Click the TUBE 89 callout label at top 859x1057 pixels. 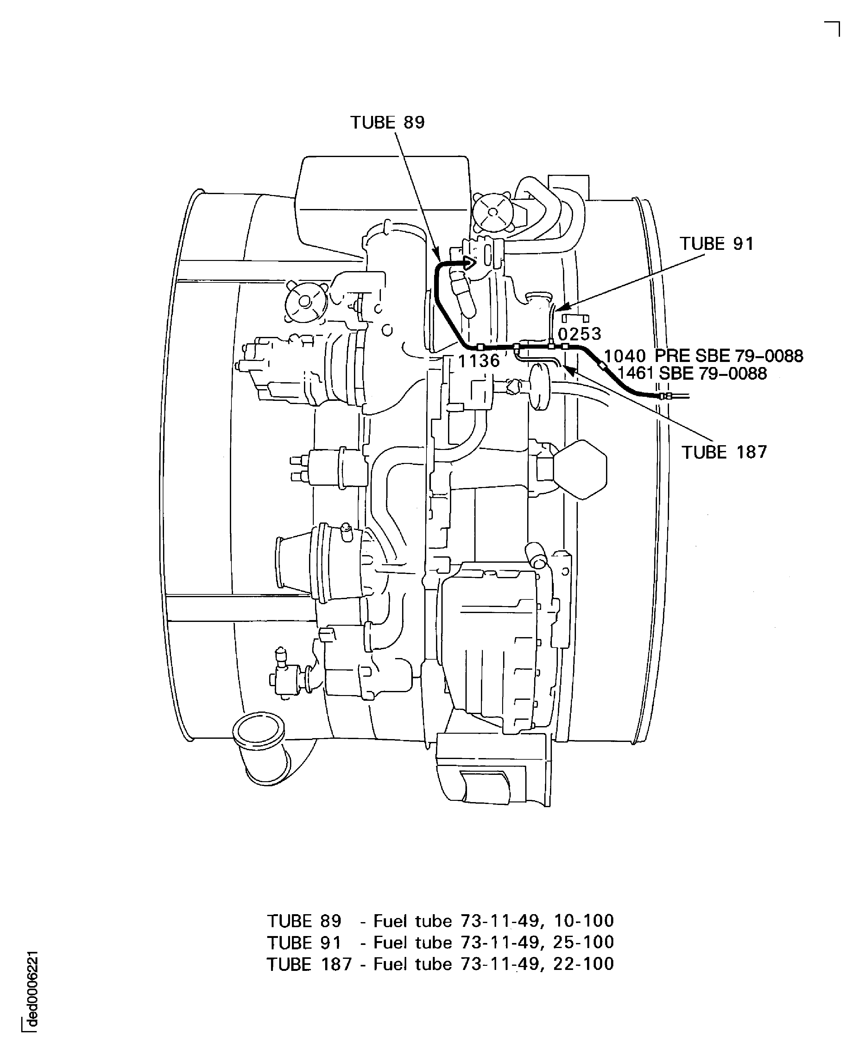[x=388, y=122]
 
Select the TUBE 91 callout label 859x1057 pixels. [x=717, y=244]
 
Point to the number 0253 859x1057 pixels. [x=579, y=334]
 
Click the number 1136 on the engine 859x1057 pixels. [x=478, y=361]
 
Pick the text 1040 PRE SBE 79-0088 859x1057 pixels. [x=704, y=356]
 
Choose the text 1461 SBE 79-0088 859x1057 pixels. [x=692, y=373]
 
